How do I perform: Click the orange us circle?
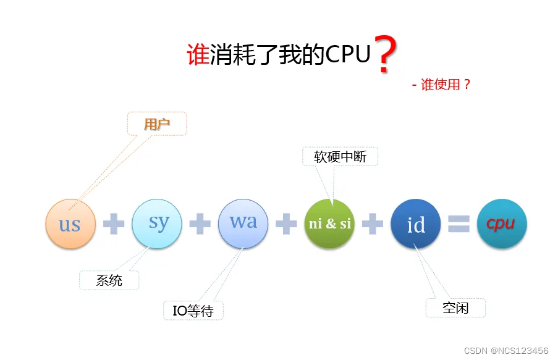(x=70, y=224)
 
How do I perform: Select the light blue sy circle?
(x=157, y=224)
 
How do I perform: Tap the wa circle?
(x=243, y=222)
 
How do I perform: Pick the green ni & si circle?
(x=330, y=224)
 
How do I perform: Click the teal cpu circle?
(x=502, y=224)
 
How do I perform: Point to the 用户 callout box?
(x=156, y=124)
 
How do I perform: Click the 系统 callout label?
(x=109, y=280)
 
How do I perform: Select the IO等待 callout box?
(x=193, y=311)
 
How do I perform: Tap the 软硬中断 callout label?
(x=340, y=157)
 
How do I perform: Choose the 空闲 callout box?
(x=455, y=308)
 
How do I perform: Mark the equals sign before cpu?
(x=459, y=224)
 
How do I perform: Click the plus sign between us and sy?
(x=114, y=224)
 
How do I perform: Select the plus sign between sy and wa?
(x=200, y=224)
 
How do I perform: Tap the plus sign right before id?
(x=373, y=224)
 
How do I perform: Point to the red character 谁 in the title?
(x=198, y=56)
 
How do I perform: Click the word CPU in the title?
(x=348, y=55)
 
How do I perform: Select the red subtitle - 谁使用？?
(x=441, y=85)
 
